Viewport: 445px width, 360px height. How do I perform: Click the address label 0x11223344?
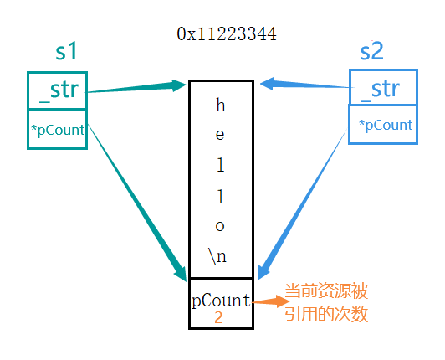coord(226,34)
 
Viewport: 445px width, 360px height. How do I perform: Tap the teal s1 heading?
coord(67,52)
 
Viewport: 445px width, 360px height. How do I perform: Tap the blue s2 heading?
coord(371,52)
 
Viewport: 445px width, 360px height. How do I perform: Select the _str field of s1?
coord(57,90)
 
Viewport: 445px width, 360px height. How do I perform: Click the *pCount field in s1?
coord(57,129)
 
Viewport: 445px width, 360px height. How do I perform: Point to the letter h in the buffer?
coord(221,105)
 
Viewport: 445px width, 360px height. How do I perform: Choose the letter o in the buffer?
coord(221,226)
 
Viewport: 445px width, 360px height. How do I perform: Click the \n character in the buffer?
coord(218,256)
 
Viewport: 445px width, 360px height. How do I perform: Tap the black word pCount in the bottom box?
coord(221,301)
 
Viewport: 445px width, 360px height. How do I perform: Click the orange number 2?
coord(218,318)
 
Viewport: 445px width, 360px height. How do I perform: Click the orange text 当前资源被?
coord(327,293)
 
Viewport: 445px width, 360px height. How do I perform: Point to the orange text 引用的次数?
coord(327,315)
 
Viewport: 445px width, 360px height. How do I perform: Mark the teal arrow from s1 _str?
coord(138,86)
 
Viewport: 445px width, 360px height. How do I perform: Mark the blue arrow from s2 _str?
coord(305,85)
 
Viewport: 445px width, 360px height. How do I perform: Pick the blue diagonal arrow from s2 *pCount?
coord(303,205)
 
